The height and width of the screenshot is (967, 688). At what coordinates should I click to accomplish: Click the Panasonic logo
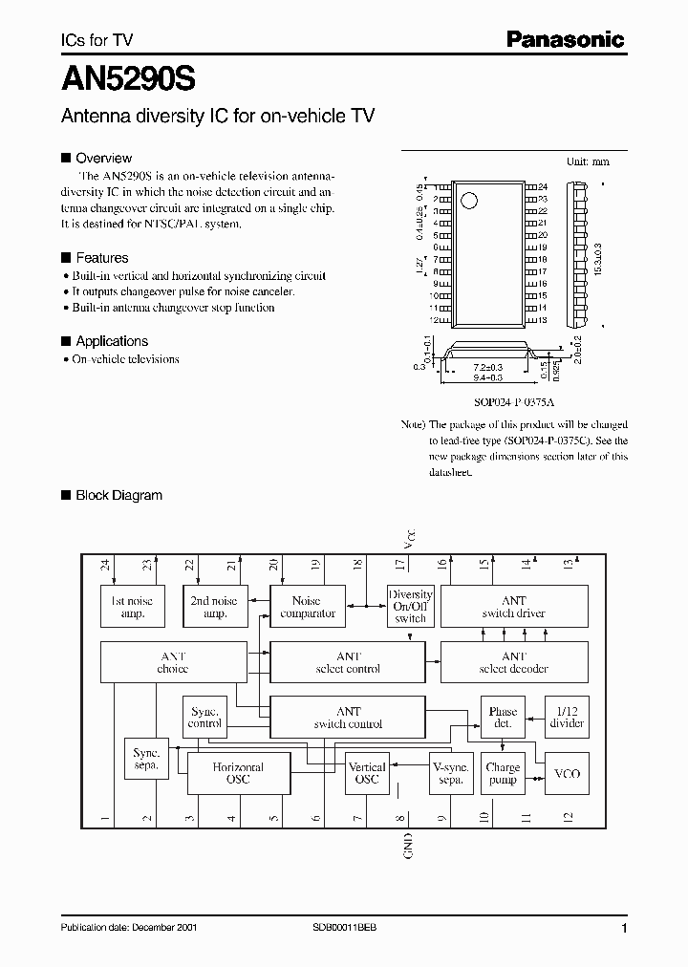[x=565, y=39]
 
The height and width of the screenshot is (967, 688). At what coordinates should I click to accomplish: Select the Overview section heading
[x=103, y=158]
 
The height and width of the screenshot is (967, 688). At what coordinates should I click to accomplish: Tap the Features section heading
[x=101, y=258]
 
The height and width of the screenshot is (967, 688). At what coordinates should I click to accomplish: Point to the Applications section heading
[x=112, y=341]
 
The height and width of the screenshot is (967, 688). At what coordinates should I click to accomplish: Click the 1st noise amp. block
[x=133, y=607]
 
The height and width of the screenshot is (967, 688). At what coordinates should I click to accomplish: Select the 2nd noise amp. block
[x=215, y=607]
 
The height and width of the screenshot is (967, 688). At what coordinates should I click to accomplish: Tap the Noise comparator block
[x=308, y=607]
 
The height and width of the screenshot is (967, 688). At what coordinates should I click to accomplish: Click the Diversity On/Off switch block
[x=410, y=607]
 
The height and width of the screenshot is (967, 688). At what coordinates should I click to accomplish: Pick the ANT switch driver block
[x=513, y=607]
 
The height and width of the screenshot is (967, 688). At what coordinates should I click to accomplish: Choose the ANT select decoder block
[x=513, y=662]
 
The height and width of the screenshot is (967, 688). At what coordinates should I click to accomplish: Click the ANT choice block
[x=172, y=662]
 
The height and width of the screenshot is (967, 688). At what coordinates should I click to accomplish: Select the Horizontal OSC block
[x=238, y=773]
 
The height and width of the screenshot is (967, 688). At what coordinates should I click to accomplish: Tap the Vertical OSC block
[x=367, y=773]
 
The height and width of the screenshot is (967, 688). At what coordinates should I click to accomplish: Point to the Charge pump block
[x=503, y=773]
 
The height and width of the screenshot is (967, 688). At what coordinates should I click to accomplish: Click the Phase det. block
[x=503, y=718]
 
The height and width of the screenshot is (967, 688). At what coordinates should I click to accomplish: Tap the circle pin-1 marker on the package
[x=469, y=201]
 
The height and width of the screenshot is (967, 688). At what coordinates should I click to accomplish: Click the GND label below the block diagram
[x=408, y=846]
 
